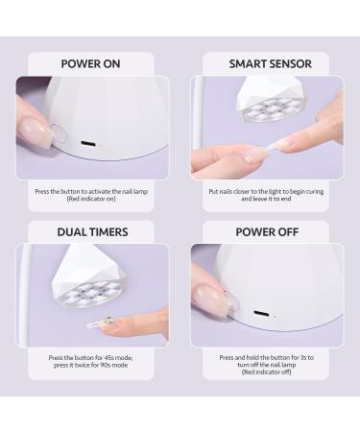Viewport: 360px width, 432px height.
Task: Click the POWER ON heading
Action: coord(90,63)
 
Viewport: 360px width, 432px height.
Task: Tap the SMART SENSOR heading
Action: coord(271,63)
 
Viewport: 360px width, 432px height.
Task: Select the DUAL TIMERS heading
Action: coord(92,232)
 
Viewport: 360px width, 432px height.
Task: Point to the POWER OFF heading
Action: coord(267,232)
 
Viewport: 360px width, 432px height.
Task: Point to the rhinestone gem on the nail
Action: coord(108,320)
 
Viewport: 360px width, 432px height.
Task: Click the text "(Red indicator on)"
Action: coord(91,199)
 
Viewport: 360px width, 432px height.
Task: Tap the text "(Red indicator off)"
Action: coord(266,372)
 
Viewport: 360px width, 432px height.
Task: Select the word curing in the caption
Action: coord(315,192)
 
